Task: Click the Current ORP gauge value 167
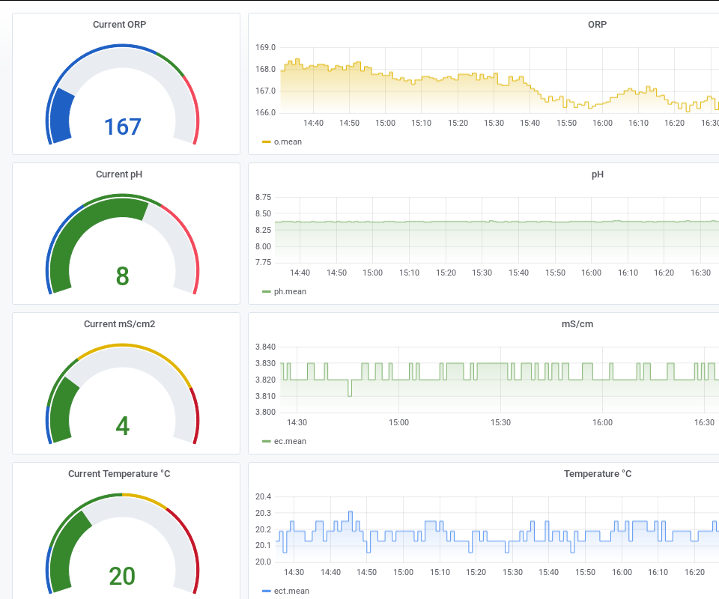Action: click(x=123, y=127)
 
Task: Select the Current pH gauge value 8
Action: click(x=123, y=276)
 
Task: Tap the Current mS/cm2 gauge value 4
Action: click(x=123, y=426)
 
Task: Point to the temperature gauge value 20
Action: click(x=123, y=576)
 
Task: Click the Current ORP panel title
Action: click(x=120, y=25)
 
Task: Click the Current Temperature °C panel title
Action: click(x=120, y=474)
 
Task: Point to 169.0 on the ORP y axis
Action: click(x=265, y=47)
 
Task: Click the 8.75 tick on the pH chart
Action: click(x=264, y=198)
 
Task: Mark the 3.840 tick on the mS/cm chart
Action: click(x=265, y=347)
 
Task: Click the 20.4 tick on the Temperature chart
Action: click(x=264, y=497)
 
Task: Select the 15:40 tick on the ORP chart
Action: click(x=530, y=123)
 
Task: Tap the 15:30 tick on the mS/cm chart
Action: click(x=501, y=422)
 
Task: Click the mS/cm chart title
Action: click(x=577, y=324)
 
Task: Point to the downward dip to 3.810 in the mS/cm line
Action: click(x=350, y=394)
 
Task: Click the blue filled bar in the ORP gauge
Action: click(x=61, y=116)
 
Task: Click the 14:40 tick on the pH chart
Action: click(x=300, y=273)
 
